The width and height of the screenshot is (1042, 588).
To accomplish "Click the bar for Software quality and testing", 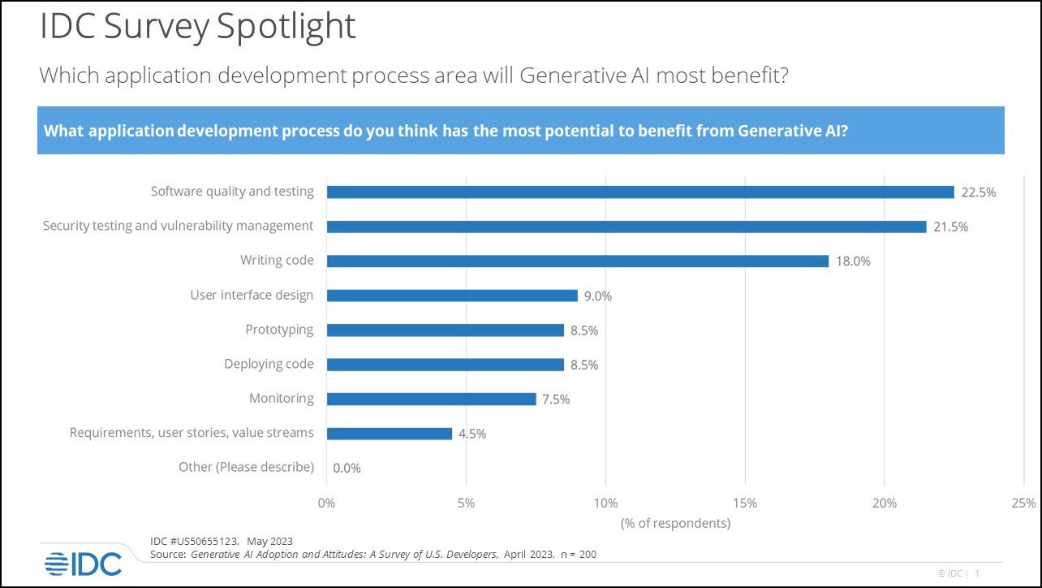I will (640, 192).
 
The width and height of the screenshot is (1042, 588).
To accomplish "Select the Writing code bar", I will (577, 261).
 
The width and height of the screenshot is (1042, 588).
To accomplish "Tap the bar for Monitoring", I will (431, 399).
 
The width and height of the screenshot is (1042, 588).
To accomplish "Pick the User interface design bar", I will (452, 296).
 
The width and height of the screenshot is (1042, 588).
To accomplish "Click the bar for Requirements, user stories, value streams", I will (389, 434).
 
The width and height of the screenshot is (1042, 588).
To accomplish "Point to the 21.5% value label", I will (950, 227).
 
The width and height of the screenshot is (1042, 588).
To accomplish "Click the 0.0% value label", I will (347, 468).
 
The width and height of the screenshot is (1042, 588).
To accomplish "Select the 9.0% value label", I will (597, 296).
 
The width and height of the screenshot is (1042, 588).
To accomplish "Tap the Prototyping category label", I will (279, 330).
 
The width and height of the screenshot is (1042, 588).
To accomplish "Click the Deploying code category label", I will (269, 364).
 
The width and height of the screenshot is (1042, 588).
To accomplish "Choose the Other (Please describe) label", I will (246, 467).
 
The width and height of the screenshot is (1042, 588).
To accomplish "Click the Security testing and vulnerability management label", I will (178, 226).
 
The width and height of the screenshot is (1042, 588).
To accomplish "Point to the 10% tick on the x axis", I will (605, 503).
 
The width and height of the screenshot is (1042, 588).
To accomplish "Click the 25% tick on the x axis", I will (1024, 503).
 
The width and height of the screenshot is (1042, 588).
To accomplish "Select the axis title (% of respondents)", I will (675, 522).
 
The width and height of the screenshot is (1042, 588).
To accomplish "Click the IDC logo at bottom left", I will (83, 563).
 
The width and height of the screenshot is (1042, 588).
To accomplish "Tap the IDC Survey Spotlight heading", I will (198, 26).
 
